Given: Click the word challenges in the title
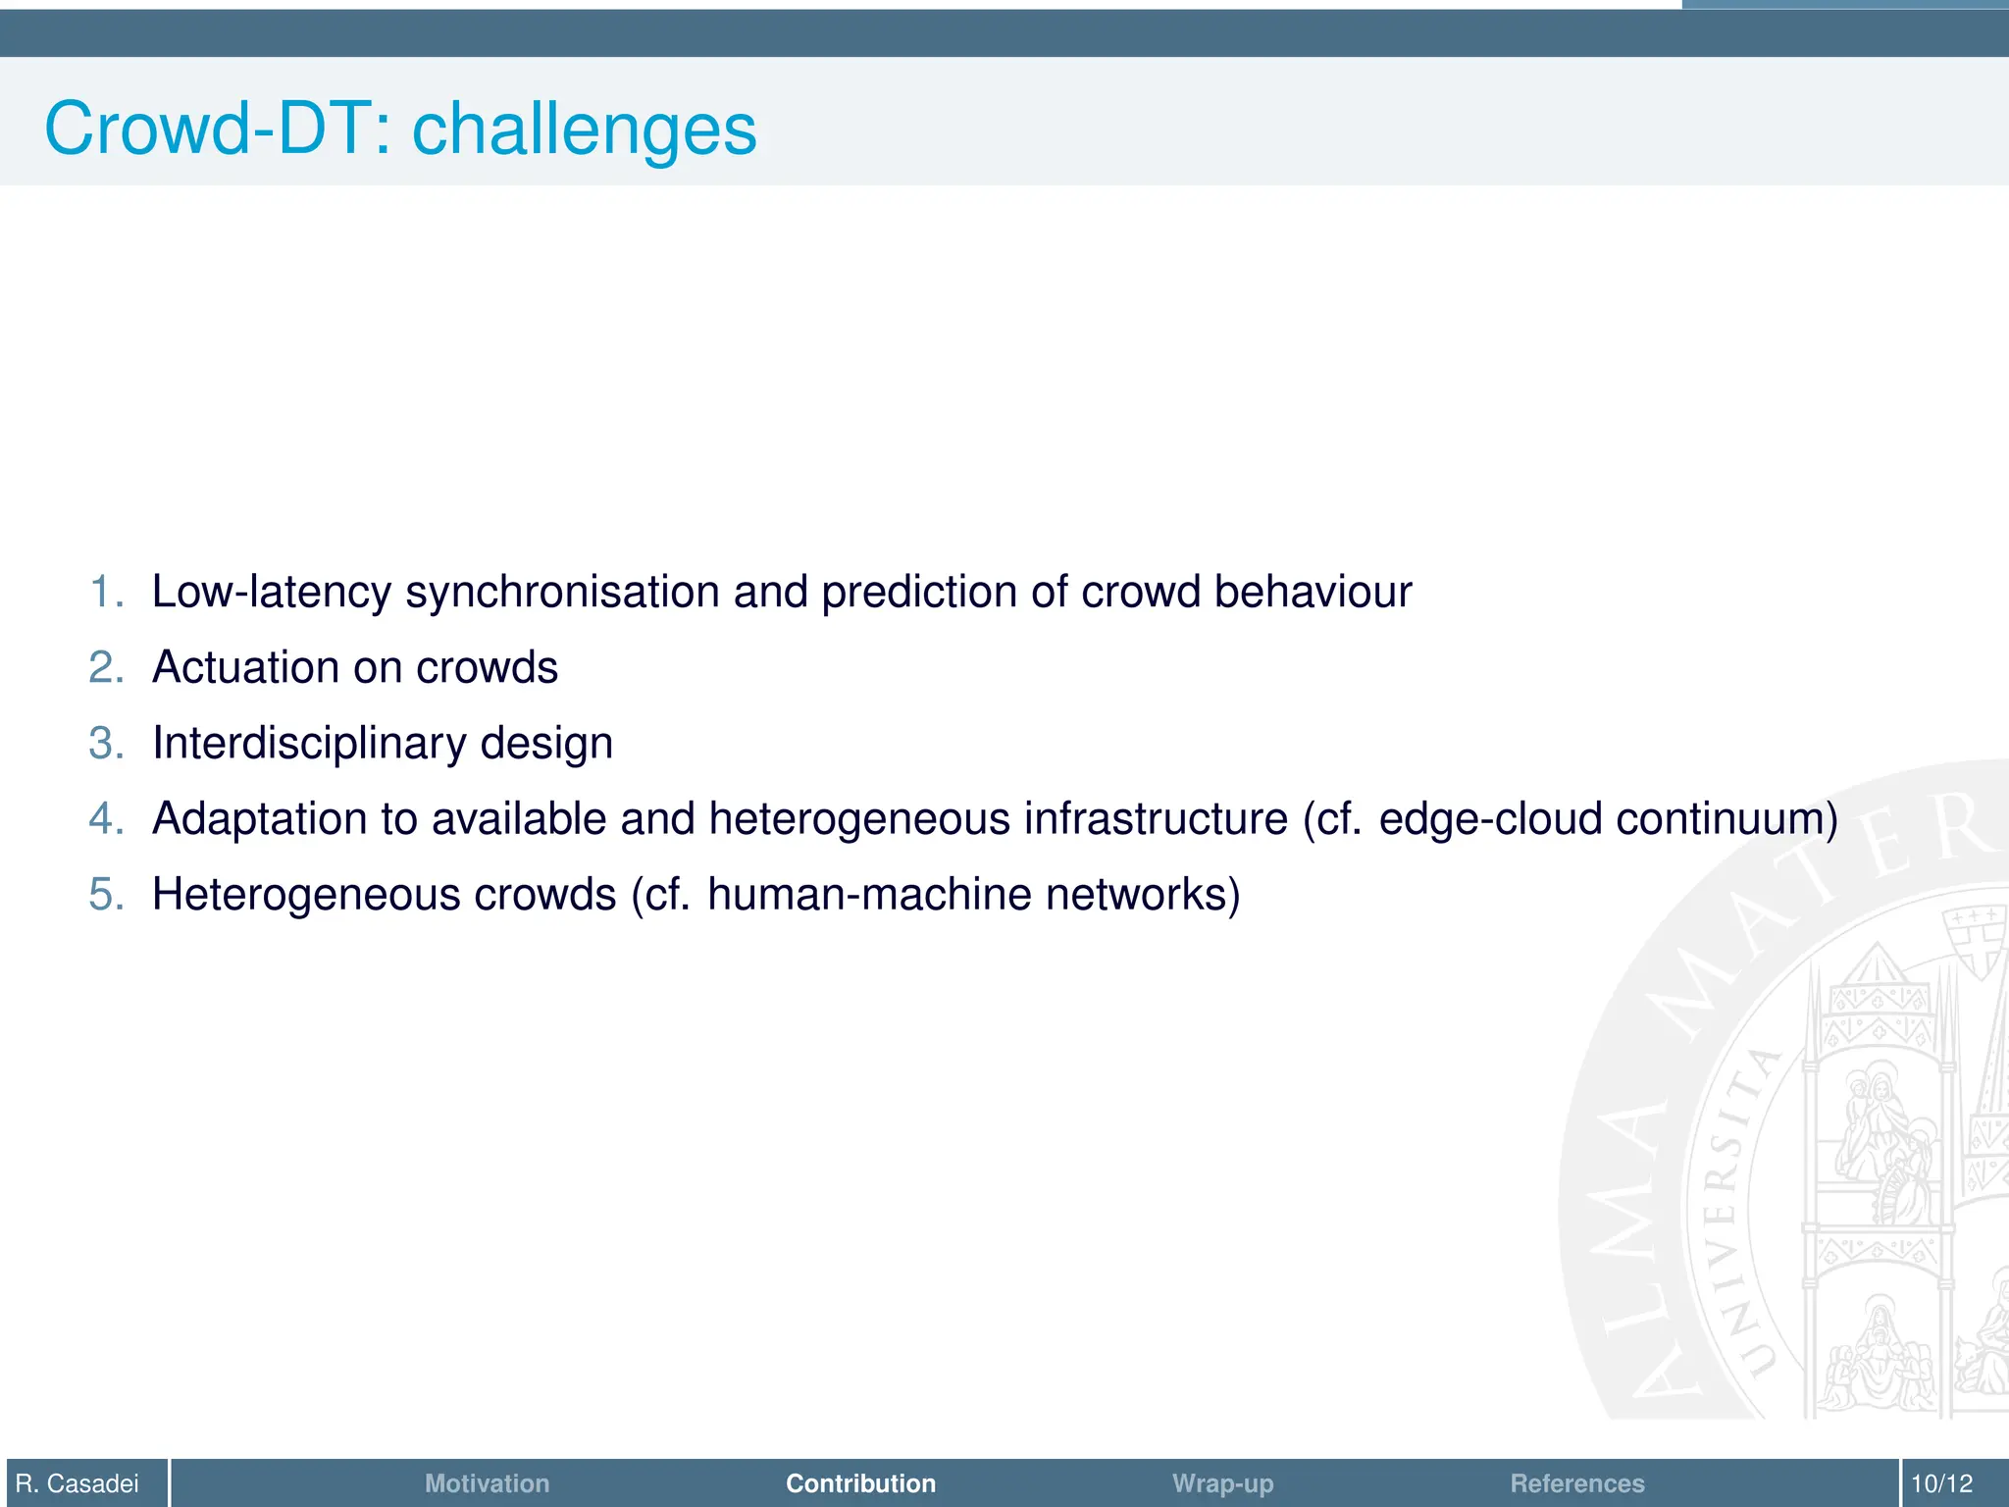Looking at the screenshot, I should coord(584,130).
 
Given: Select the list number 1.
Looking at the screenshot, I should coord(104,593).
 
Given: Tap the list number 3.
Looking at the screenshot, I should coord(104,744).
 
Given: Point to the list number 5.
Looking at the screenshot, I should coord(104,895).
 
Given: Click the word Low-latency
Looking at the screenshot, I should coord(271,593).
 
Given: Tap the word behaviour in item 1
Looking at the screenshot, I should coord(1312,593).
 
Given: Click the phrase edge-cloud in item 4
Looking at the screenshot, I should coord(1489,819).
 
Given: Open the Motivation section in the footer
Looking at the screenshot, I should coord(487,1483).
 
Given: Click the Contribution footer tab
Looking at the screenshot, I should coord(860,1483).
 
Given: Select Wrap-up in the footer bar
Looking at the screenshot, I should coord(1222,1483).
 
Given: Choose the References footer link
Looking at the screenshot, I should coord(1576,1483).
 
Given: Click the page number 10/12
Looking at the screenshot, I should coord(1941,1483).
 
